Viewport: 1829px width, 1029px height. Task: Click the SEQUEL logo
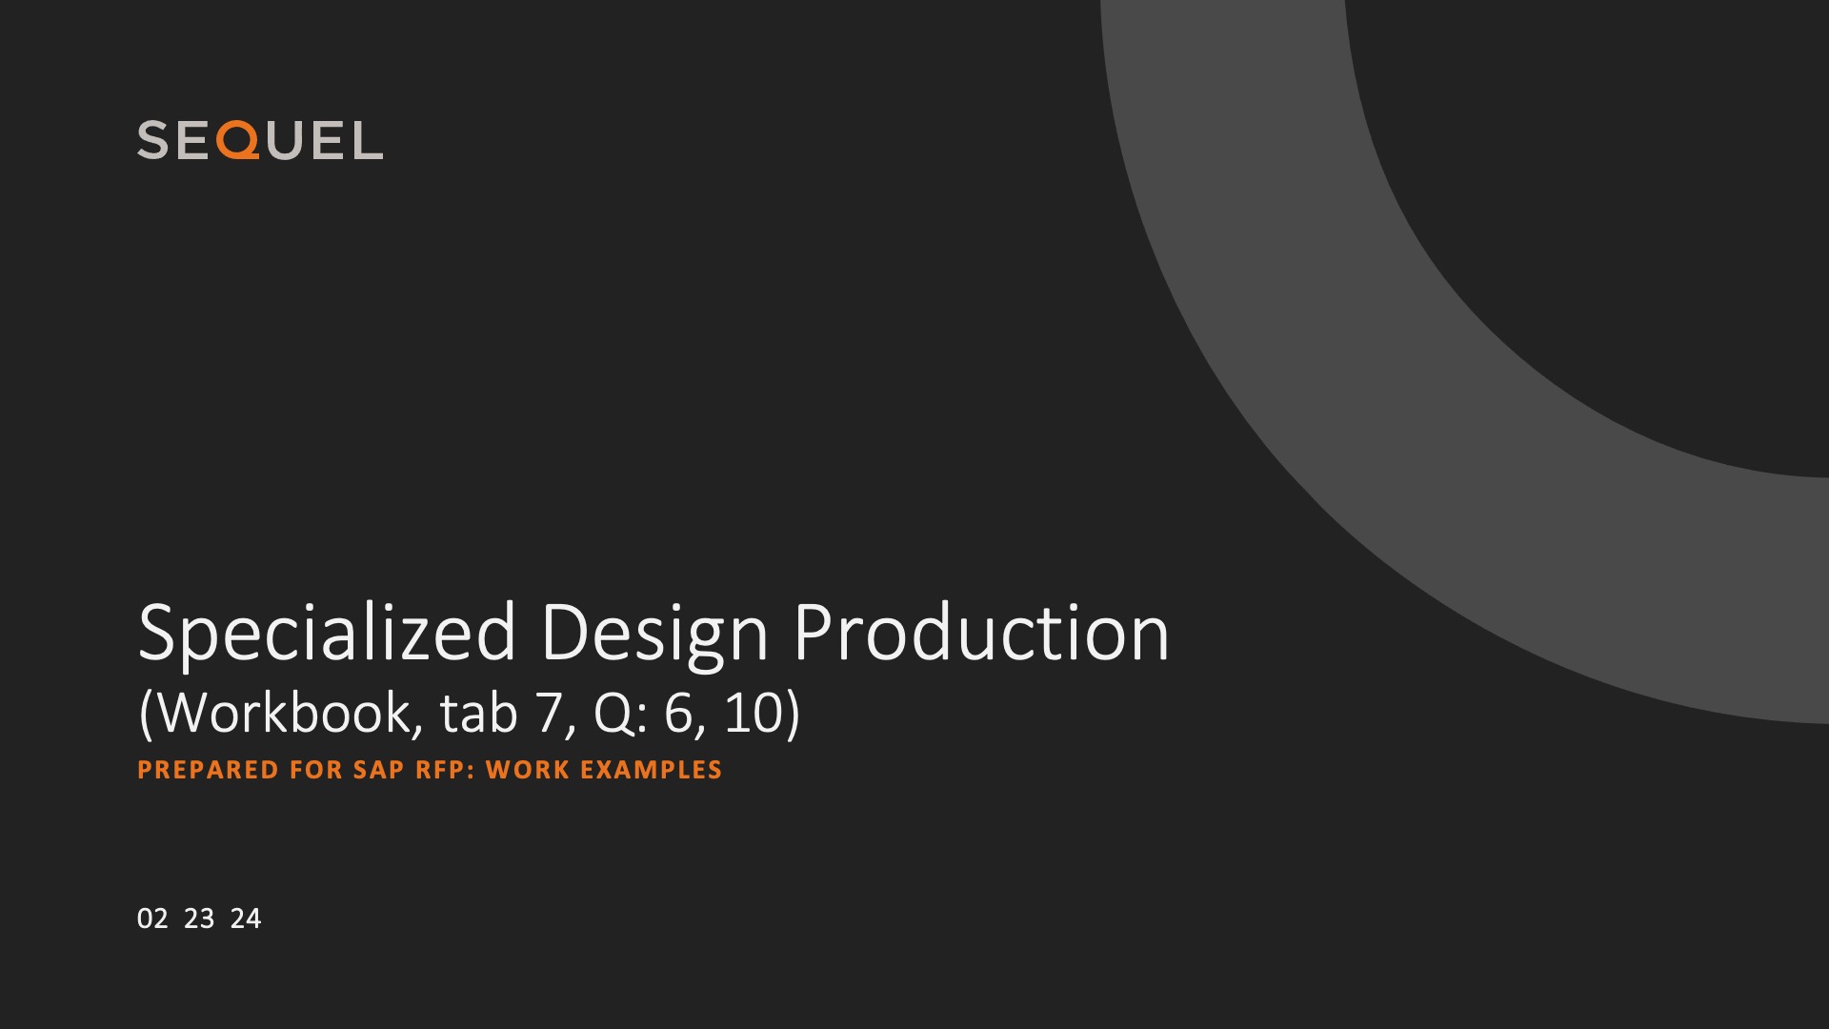[260, 140]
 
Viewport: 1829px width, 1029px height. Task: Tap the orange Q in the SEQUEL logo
[237, 140]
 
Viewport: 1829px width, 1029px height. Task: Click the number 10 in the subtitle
[754, 714]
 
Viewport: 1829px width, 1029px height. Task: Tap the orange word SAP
[379, 770]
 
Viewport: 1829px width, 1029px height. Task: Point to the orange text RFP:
[446, 770]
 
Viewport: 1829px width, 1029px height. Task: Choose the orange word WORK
[527, 770]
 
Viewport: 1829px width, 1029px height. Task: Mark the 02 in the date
[152, 918]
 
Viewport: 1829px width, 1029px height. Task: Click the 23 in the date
[199, 918]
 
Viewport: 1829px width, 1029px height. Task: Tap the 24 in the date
[246, 918]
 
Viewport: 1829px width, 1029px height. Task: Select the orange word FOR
[316, 770]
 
